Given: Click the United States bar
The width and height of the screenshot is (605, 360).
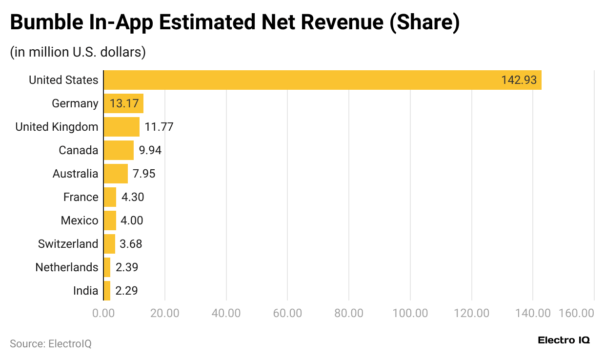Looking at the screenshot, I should point(322,80).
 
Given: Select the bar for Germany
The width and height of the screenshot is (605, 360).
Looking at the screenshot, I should point(123,103).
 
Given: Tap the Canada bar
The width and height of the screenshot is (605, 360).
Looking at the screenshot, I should point(119,150).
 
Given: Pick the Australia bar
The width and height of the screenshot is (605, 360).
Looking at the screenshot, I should point(116,174).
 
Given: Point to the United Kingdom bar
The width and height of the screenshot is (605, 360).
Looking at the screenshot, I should point(121,127).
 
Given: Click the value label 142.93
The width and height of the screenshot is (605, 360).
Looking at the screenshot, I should point(519,80).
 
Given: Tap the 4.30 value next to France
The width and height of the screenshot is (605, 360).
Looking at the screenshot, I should point(132,197).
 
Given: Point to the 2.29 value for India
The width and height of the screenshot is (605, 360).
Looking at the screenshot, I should point(126,291).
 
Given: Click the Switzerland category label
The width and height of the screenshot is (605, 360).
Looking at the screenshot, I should point(68,244).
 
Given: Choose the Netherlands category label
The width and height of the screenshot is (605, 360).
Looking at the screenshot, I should point(66,267).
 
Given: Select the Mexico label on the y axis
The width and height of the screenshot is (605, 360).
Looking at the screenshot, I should point(79,220).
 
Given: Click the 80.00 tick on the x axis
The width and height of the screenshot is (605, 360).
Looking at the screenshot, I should point(349,313).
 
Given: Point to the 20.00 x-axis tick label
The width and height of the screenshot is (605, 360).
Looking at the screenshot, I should point(165,313).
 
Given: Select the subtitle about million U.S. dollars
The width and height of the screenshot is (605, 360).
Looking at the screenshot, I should point(78,52).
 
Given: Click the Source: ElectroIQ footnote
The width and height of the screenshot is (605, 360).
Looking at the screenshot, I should point(51,343).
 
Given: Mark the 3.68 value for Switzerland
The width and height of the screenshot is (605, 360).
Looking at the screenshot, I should point(131,244).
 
